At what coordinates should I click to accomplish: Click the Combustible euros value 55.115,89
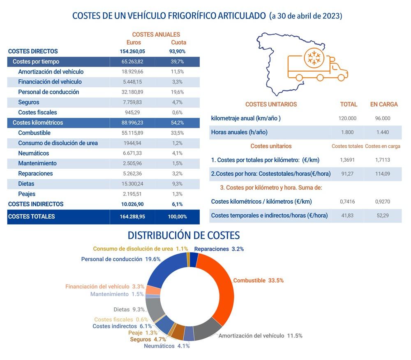(x=132, y=133)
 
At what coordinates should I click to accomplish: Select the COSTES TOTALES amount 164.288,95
(x=132, y=216)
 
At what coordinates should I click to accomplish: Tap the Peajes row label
(x=27, y=194)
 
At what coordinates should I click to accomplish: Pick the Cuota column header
(x=178, y=42)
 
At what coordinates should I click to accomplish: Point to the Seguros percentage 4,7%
(x=178, y=102)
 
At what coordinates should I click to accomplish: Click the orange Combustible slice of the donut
(x=218, y=288)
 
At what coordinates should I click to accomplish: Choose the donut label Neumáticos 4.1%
(x=166, y=346)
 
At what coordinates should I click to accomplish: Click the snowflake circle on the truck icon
(x=314, y=58)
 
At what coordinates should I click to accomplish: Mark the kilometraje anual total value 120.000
(x=347, y=118)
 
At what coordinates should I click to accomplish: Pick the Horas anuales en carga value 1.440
(x=383, y=132)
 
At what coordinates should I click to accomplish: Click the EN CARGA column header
(x=384, y=105)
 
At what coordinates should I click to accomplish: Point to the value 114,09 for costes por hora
(x=383, y=174)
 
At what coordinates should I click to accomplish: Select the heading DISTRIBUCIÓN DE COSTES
(x=184, y=235)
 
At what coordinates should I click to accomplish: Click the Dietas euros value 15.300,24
(x=132, y=184)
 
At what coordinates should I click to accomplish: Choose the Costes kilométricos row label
(x=38, y=123)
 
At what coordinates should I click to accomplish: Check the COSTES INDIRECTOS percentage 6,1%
(x=178, y=204)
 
